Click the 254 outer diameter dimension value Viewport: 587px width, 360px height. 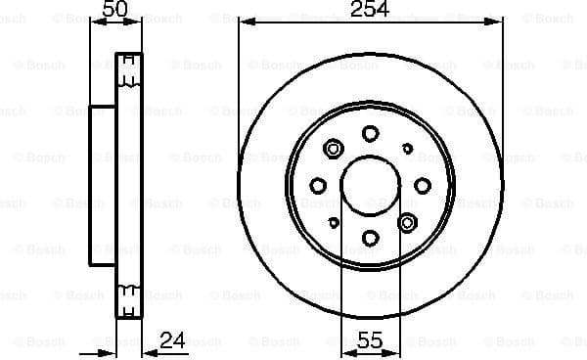[x=370, y=10]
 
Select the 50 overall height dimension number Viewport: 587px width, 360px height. [x=115, y=10]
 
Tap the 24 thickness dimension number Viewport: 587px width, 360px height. [x=172, y=341]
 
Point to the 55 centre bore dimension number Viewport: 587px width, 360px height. [x=370, y=341]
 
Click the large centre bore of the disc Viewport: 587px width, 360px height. [x=370, y=185]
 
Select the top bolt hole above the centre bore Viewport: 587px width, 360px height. [x=370, y=133]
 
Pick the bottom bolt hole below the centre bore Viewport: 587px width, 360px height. [x=370, y=237]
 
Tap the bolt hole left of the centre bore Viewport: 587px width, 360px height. [x=318, y=185]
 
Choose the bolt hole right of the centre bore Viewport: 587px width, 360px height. [x=422, y=185]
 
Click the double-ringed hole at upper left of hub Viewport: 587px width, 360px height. [x=333, y=149]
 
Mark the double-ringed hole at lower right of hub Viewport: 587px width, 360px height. [x=407, y=221]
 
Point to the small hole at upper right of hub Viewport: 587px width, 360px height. [x=408, y=149]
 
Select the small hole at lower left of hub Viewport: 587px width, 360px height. [x=333, y=222]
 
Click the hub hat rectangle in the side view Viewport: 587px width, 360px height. [x=103, y=185]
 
